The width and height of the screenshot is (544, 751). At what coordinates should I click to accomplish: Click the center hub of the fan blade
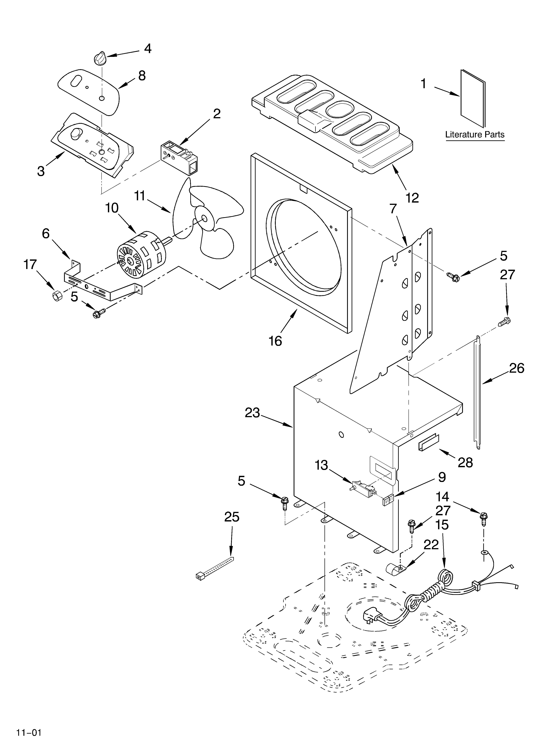[x=203, y=218]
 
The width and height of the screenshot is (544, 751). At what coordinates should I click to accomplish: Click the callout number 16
[x=275, y=340]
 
